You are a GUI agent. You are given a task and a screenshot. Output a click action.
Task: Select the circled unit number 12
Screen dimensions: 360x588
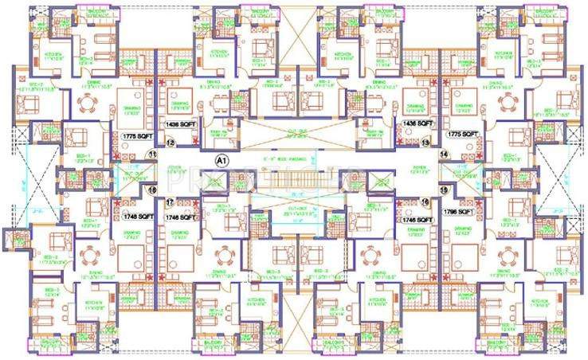coord(170,143)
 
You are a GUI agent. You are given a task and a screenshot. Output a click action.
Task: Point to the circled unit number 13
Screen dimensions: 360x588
coord(425,143)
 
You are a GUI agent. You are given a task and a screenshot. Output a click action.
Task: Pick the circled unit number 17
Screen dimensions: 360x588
coord(170,202)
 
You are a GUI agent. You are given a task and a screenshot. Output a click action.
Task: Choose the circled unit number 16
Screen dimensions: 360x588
coord(425,202)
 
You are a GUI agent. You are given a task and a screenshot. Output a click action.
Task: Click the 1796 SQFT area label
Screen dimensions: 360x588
coord(462,213)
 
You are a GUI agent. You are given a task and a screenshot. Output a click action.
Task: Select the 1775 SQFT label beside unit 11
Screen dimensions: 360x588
coord(135,137)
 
